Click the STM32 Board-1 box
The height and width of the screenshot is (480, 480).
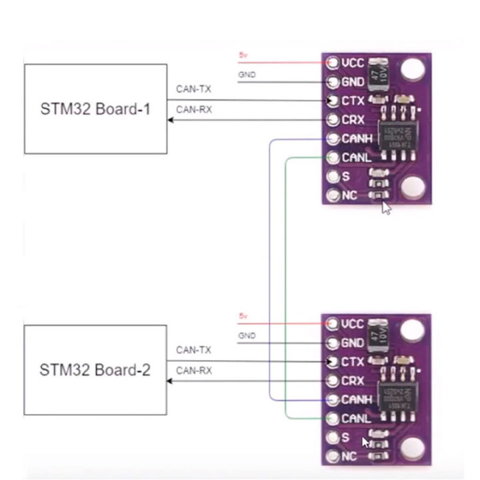click(95, 109)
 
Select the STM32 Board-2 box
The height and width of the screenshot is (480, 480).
click(95, 370)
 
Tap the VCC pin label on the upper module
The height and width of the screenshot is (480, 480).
click(353, 63)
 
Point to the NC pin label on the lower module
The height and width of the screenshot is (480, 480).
click(349, 457)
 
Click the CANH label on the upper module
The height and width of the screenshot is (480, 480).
click(357, 139)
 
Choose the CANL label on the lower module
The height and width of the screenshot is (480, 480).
click(357, 419)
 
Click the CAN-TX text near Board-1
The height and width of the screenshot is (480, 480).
click(193, 89)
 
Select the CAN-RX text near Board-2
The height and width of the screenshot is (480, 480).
click(193, 371)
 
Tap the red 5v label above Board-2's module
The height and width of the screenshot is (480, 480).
click(242, 315)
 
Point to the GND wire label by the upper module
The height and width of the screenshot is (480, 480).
click(247, 75)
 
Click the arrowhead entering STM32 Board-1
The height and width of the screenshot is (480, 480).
click(171, 120)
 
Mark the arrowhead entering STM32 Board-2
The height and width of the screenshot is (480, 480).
click(171, 381)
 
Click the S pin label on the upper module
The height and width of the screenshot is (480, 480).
click(345, 177)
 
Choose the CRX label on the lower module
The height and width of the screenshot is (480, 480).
click(353, 381)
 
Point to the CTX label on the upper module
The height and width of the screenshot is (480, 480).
click(353, 101)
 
